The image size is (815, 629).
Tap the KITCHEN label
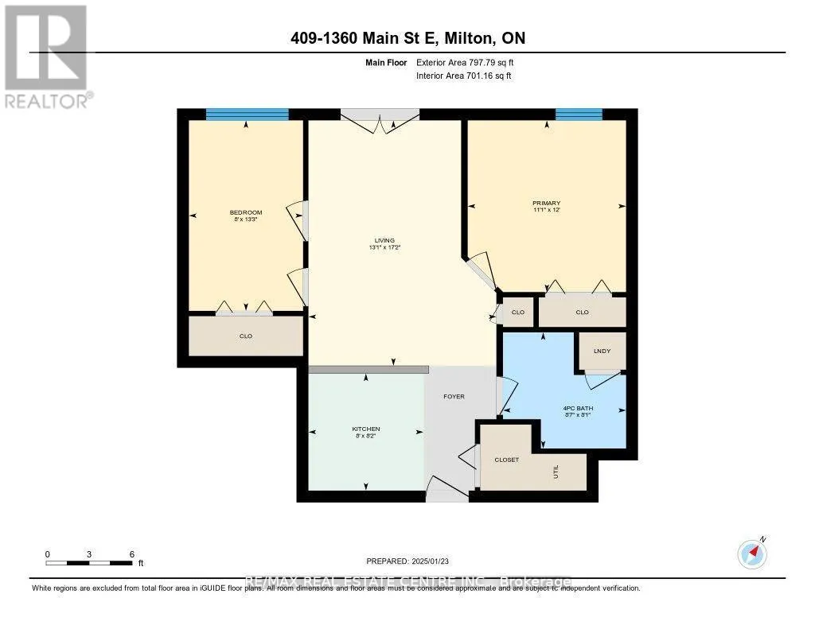[x=366, y=429]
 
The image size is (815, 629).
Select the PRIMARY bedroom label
[x=546, y=204]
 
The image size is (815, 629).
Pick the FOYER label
[x=454, y=396]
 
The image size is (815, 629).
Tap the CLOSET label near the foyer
[x=507, y=460]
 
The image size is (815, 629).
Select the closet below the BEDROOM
[x=246, y=336]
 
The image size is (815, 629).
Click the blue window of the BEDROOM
[x=247, y=115]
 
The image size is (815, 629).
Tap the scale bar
[x=89, y=563]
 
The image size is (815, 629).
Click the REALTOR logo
[x=46, y=56]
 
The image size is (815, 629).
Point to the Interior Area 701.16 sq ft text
[x=463, y=76]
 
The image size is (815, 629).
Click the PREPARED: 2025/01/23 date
[x=407, y=561]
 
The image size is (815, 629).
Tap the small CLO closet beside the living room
[x=518, y=313]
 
